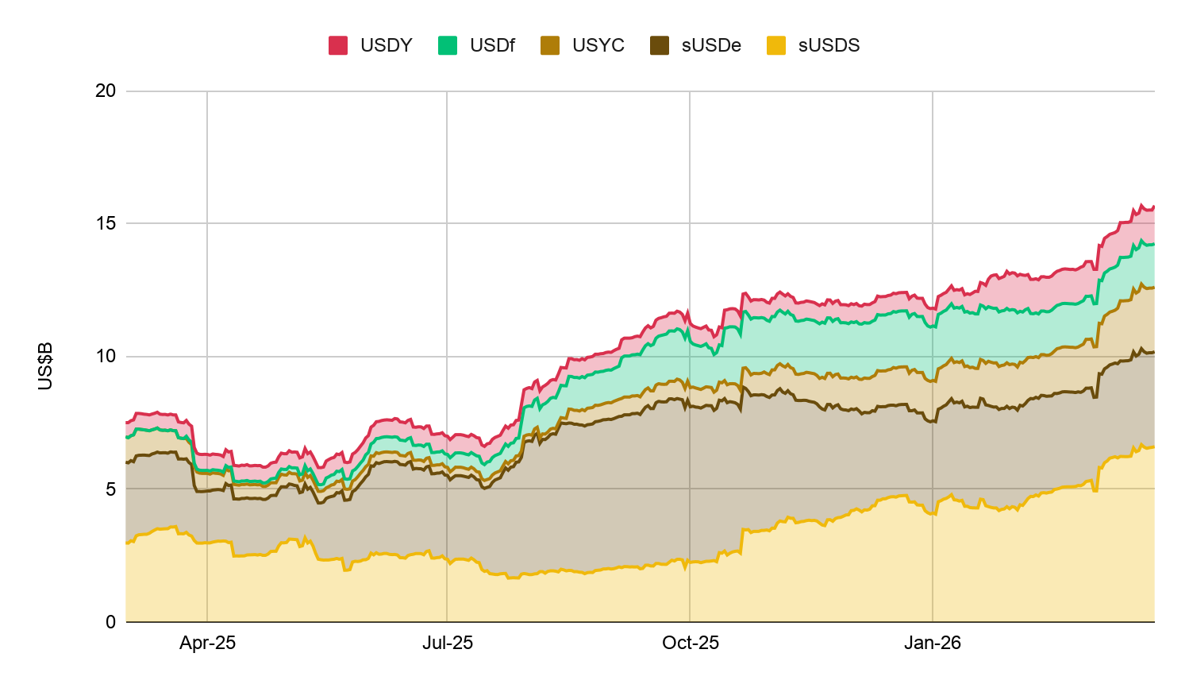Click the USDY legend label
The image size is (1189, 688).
click(386, 45)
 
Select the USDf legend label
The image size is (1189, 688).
click(492, 45)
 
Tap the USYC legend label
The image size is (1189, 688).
click(598, 45)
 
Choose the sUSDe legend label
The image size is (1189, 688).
click(710, 45)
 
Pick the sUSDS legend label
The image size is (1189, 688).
click(829, 45)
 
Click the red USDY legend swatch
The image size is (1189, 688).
click(338, 45)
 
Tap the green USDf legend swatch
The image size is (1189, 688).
click(448, 45)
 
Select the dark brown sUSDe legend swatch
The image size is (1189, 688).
click(660, 45)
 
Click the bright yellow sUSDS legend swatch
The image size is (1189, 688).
click(776, 45)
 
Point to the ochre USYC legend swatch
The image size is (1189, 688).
click(550, 45)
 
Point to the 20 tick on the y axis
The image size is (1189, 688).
click(106, 91)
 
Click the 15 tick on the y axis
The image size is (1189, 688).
click(106, 223)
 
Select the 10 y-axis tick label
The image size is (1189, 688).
click(106, 356)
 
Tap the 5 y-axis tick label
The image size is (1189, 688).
click(110, 489)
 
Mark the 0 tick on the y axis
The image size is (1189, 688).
click(110, 622)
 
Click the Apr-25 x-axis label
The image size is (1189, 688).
click(207, 643)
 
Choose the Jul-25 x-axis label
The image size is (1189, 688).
click(448, 643)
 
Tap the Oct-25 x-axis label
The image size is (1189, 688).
click(691, 643)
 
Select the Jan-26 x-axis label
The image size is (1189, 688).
click(933, 643)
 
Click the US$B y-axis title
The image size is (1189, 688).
click(45, 366)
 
